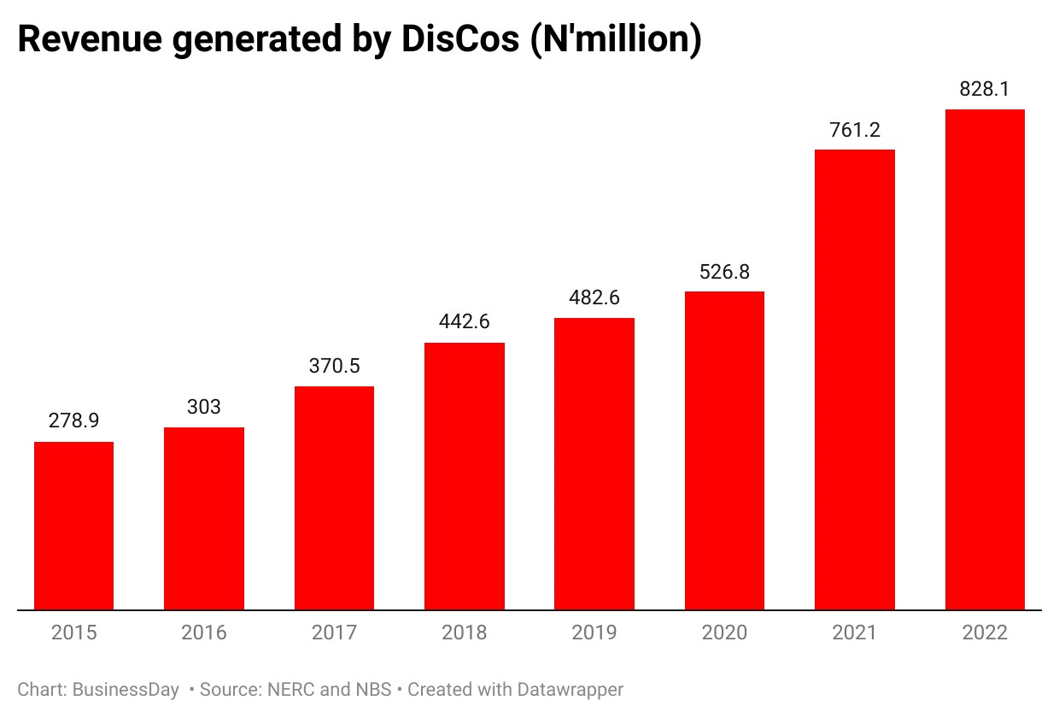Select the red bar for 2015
point(73,526)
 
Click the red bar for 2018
point(465,476)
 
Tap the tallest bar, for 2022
point(985,360)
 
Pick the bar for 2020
point(724,450)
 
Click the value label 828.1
point(985,89)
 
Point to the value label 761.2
point(854,130)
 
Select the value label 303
point(204,407)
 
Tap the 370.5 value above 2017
point(334,366)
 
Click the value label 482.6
point(594,297)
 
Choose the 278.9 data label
point(73,421)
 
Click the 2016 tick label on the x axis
point(204,633)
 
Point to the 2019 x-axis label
point(594,633)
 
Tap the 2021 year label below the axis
point(854,633)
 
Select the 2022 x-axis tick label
point(985,633)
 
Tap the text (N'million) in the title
point(615,40)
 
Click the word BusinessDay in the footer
point(126,690)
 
